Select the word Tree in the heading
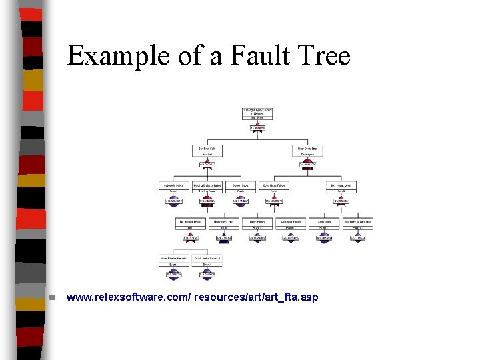click(x=325, y=55)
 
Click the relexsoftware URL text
click(x=193, y=296)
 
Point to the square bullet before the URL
click(x=43, y=297)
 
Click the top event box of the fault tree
click(x=257, y=114)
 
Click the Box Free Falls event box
click(x=208, y=151)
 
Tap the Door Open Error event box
click(x=307, y=151)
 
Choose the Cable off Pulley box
click(x=174, y=188)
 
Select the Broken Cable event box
click(x=241, y=188)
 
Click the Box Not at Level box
click(x=341, y=188)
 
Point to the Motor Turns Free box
click(x=224, y=224)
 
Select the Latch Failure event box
click(x=257, y=224)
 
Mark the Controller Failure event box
click(x=291, y=224)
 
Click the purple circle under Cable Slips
click(x=324, y=239)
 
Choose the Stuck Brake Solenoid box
click(x=207, y=261)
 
